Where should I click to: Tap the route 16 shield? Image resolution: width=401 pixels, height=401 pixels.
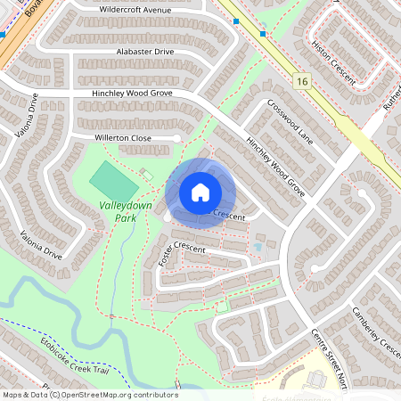[303, 81]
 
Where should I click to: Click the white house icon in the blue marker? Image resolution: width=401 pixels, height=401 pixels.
[200, 192]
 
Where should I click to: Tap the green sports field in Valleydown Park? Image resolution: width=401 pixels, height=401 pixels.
[114, 181]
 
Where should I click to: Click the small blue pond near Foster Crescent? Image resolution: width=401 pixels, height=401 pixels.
[258, 245]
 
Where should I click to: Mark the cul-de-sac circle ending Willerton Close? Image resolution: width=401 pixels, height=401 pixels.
[178, 138]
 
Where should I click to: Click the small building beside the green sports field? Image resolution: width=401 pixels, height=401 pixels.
[146, 172]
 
